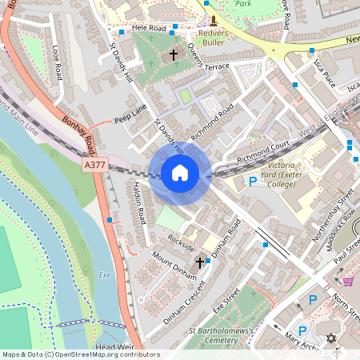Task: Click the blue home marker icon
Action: [180, 173]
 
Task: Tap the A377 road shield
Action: [94, 165]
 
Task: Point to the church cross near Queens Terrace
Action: [174, 56]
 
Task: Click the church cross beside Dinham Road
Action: [199, 262]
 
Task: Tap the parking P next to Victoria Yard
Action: [253, 182]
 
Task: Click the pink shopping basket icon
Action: [348, 281]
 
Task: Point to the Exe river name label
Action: [104, 274]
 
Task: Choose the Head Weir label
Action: [113, 346]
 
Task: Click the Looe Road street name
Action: [57, 62]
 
